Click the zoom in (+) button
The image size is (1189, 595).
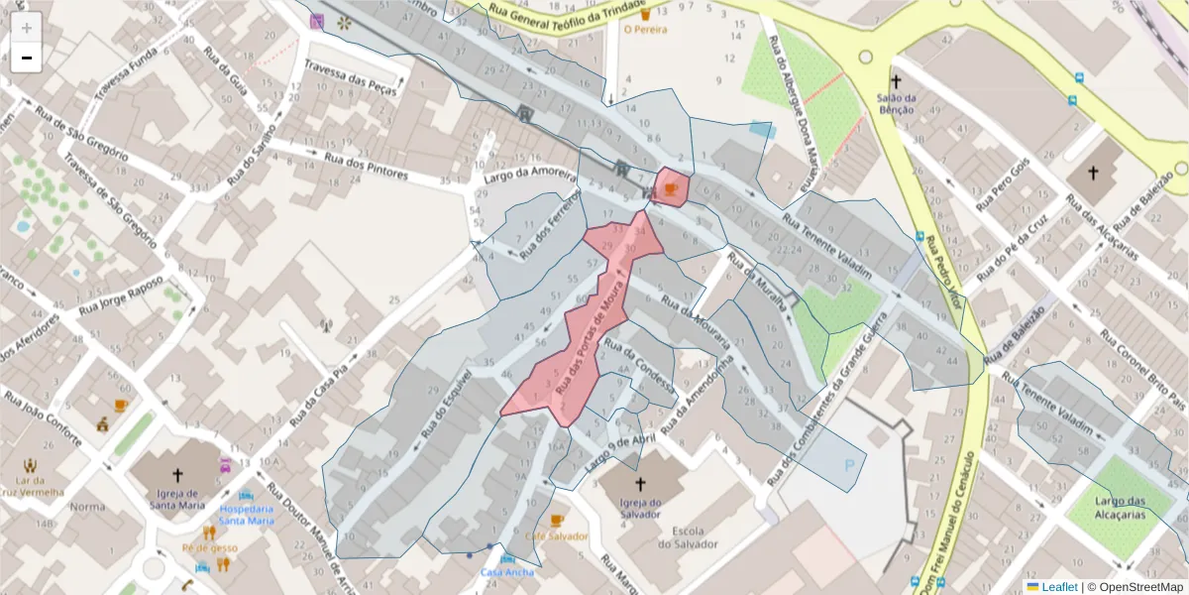[x=26, y=27]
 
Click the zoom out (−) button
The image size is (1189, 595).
[x=26, y=58]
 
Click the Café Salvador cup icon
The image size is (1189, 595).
[x=556, y=521]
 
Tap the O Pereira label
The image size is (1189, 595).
[x=645, y=30]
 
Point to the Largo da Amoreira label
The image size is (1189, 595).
[x=530, y=176]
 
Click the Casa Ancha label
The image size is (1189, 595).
[x=506, y=572]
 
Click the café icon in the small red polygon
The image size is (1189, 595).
[x=671, y=188]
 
